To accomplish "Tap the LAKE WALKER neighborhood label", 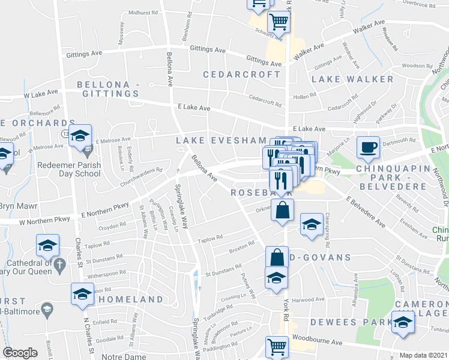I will [352, 79].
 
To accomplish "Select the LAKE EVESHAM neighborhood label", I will [221, 140].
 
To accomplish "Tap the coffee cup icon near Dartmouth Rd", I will [368, 146].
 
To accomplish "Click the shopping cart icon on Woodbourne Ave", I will [277, 346].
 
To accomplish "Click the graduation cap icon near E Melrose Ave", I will [79, 136].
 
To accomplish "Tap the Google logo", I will [20, 353].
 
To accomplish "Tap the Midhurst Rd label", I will [142, 12].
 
